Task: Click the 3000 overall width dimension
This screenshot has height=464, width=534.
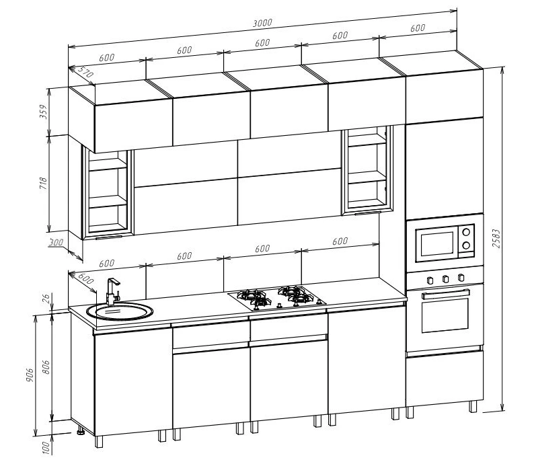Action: click(x=262, y=23)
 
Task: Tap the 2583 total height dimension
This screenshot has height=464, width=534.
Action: click(x=496, y=238)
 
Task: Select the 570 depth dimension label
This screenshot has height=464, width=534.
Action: click(x=85, y=72)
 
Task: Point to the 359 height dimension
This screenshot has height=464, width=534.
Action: click(x=44, y=112)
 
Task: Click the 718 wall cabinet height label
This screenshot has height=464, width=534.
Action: click(x=44, y=184)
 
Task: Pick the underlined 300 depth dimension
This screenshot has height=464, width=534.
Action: click(x=56, y=243)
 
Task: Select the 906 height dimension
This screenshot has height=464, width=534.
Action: click(x=30, y=375)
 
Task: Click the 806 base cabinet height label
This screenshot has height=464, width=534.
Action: click(x=46, y=367)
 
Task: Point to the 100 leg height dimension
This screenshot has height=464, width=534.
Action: click(x=46, y=447)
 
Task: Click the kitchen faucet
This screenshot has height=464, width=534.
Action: click(x=112, y=291)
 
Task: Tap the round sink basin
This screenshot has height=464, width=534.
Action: click(x=120, y=311)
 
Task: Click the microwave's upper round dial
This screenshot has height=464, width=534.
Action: click(x=467, y=232)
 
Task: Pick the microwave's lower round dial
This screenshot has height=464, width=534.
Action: click(x=467, y=245)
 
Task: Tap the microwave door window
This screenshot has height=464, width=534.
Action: click(x=437, y=244)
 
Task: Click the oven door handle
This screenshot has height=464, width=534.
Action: click(x=445, y=294)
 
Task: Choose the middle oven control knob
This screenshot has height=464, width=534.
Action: click(x=445, y=279)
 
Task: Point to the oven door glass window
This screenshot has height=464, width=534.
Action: click(x=445, y=315)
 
